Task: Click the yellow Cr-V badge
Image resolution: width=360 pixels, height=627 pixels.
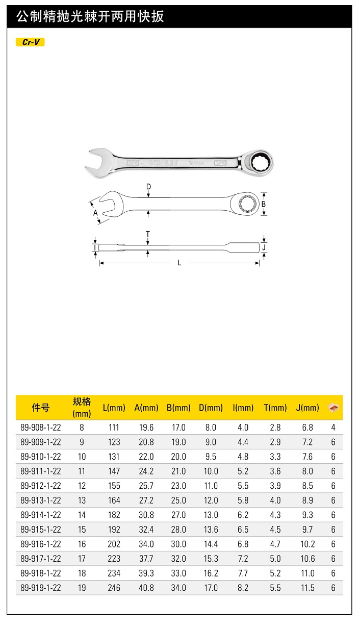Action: (31, 42)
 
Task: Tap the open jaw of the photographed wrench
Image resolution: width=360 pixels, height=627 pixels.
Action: (98, 164)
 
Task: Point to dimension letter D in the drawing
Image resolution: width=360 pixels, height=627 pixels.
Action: (148, 187)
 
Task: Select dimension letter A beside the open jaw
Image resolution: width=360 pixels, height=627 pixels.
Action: (95, 213)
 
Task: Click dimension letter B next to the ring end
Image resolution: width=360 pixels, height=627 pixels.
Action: (264, 204)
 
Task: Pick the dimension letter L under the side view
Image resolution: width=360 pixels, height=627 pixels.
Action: (179, 263)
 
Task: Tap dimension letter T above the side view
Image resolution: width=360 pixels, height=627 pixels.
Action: (148, 234)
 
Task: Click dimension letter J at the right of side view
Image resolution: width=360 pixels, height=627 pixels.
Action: (264, 247)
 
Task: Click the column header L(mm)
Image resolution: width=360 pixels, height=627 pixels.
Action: (114, 408)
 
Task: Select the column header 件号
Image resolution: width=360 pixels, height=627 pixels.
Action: (41, 408)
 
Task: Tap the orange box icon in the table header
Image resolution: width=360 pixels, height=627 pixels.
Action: (333, 408)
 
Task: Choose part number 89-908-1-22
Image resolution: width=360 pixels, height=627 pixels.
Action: (41, 428)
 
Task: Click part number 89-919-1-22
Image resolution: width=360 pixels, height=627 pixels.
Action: (41, 588)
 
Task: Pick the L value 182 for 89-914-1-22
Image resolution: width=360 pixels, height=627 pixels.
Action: (114, 515)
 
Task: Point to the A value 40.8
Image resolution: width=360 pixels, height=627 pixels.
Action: (146, 588)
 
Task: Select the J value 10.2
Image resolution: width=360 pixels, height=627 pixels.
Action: (307, 544)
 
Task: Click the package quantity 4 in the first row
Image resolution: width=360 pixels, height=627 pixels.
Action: (333, 428)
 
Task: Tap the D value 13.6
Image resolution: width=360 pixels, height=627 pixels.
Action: (211, 530)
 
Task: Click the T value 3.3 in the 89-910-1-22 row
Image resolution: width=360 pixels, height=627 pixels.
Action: (275, 457)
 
